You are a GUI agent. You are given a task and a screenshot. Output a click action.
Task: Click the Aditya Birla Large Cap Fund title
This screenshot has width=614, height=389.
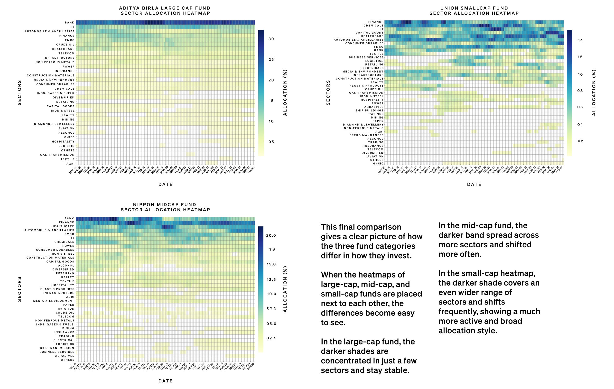(165, 8)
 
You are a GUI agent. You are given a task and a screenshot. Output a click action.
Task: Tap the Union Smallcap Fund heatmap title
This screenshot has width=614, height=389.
(474, 8)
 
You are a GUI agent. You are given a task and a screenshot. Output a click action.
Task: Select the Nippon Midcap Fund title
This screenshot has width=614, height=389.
(165, 205)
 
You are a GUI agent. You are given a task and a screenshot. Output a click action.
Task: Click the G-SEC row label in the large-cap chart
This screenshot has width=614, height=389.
(69, 137)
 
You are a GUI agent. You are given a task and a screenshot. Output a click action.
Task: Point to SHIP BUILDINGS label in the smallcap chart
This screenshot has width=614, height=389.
(370, 111)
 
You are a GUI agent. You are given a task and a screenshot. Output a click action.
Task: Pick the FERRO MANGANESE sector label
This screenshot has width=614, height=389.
(366, 135)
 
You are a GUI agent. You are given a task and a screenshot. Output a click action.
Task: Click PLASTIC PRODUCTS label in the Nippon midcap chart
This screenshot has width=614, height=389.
(57, 289)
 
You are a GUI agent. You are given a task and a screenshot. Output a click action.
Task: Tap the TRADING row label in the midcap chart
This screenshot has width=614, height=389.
(66, 336)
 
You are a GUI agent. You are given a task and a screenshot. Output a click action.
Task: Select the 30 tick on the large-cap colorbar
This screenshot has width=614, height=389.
(271, 39)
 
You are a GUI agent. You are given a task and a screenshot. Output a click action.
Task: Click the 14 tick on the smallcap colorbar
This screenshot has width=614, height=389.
(580, 41)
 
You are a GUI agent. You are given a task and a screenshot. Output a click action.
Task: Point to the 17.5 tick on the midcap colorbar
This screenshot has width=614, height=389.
(271, 250)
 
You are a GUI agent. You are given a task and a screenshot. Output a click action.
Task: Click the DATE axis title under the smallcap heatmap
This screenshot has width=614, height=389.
(474, 184)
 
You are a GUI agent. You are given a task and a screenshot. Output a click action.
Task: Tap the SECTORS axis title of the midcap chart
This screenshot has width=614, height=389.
(19, 289)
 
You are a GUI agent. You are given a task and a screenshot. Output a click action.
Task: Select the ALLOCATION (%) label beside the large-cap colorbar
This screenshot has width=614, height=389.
(285, 93)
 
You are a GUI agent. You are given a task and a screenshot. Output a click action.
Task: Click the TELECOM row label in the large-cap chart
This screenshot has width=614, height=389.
(66, 54)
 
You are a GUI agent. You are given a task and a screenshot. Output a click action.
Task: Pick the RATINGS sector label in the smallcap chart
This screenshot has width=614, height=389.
(376, 114)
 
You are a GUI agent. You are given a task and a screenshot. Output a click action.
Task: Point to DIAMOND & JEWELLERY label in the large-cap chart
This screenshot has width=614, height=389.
(54, 124)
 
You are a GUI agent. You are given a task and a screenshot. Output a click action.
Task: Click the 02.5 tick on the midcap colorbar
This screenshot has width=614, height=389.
(271, 338)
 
